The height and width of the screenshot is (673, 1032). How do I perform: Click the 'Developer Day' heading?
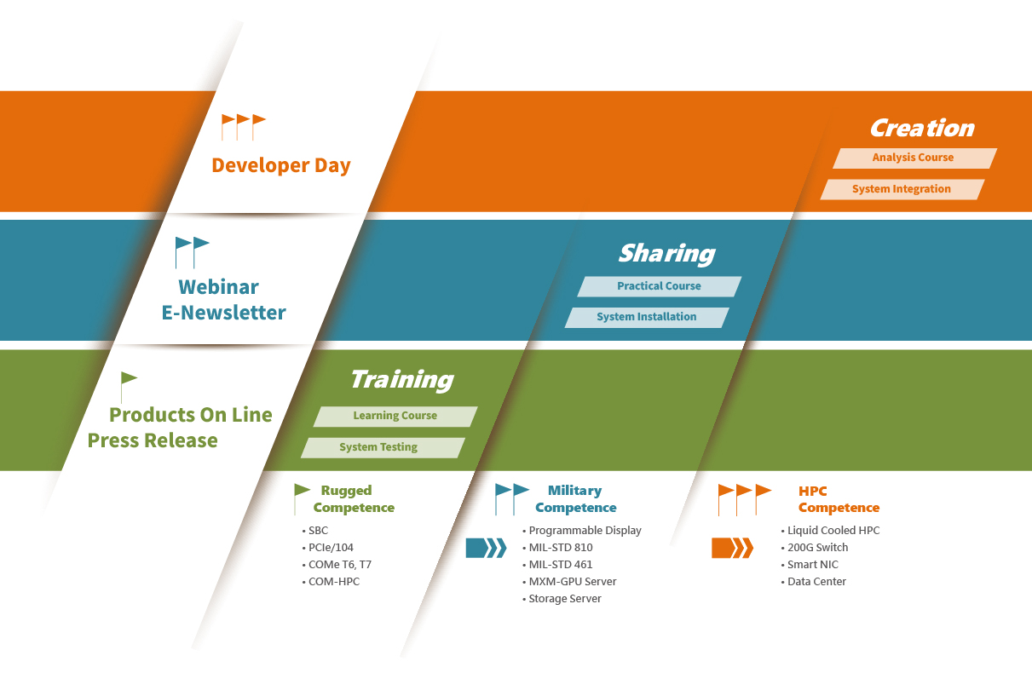click(281, 165)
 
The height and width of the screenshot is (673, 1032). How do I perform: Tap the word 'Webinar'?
click(218, 287)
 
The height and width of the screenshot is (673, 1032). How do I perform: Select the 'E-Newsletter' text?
click(223, 313)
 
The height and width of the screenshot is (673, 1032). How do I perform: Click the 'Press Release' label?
click(153, 440)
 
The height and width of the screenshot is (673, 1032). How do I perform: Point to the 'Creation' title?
click(922, 128)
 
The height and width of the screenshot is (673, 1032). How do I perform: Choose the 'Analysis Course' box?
click(914, 158)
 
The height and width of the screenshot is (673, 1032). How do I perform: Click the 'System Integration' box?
click(902, 189)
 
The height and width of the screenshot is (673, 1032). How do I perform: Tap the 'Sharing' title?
click(666, 254)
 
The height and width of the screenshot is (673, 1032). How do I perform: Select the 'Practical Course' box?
click(660, 286)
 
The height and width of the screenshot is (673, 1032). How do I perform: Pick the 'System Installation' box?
click(647, 318)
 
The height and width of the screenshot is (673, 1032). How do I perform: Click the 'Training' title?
click(402, 380)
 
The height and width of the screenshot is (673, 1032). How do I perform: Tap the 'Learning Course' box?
click(395, 417)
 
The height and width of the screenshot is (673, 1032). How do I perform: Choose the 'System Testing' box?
click(383, 448)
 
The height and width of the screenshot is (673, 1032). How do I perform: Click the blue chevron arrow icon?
click(486, 548)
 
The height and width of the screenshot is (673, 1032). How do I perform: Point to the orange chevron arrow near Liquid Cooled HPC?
click(733, 548)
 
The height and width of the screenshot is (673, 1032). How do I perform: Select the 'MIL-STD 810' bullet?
click(557, 548)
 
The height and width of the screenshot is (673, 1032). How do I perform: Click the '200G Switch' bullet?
click(815, 548)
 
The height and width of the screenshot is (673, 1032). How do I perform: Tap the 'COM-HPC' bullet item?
click(331, 582)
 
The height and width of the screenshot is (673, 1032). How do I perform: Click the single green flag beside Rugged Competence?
click(302, 499)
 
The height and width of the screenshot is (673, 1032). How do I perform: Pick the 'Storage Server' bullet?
click(562, 599)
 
